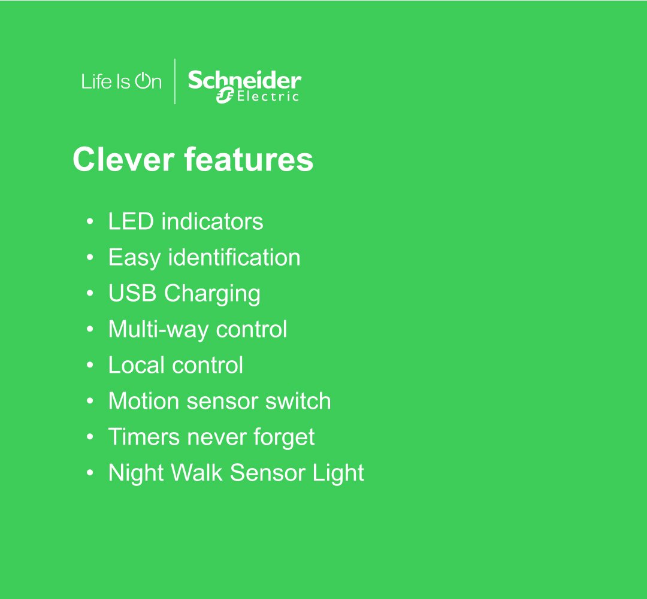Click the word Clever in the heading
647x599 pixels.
point(123,159)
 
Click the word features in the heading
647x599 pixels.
point(249,159)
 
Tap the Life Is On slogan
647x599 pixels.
point(121,81)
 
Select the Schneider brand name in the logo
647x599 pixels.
point(244,80)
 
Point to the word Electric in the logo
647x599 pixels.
point(267,96)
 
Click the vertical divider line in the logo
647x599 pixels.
point(175,81)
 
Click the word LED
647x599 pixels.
point(131,221)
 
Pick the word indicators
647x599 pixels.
point(212,221)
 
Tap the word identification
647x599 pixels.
point(234,258)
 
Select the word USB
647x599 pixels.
point(132,293)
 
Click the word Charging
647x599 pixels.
point(212,294)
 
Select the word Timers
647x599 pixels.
point(144,437)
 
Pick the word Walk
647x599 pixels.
point(196,473)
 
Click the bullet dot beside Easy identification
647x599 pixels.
point(90,258)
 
